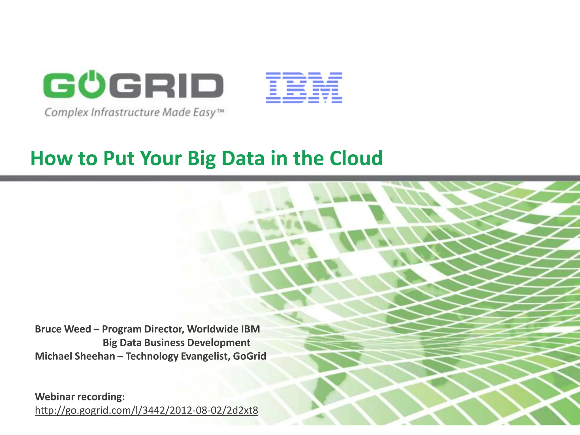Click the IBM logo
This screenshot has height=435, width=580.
point(304,88)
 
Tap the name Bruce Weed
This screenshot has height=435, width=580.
point(63,329)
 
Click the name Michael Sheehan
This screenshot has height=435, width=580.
point(75,356)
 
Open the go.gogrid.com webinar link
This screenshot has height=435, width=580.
point(146,410)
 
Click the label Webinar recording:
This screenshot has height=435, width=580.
point(80,396)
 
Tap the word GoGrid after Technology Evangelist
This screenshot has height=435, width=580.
point(250,356)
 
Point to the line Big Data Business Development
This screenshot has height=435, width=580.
point(176,343)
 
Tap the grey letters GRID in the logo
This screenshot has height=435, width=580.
point(170,85)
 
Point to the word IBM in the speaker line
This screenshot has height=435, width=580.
point(250,329)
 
